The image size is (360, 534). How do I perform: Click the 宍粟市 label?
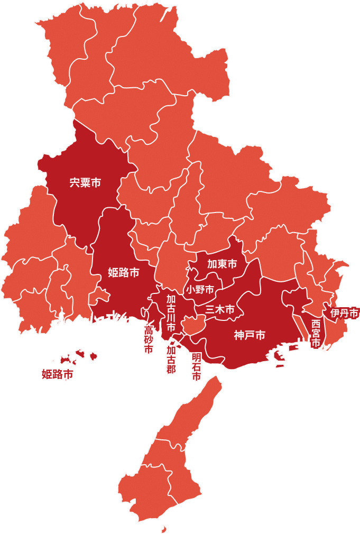(85, 183)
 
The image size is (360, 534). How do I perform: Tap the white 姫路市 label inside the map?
(123, 273)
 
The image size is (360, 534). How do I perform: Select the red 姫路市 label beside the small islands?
(57, 375)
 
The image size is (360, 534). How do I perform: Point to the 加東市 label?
(222, 264)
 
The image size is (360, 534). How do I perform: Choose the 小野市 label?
(200, 289)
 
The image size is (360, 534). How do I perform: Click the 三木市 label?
(220, 310)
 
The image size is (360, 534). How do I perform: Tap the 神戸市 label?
(250, 335)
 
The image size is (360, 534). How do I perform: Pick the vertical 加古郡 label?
(171, 360)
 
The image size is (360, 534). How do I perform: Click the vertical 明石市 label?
(196, 367)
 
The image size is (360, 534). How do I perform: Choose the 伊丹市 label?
(344, 314)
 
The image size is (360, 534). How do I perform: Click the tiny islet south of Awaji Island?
(164, 529)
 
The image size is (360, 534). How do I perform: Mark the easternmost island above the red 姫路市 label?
(94, 356)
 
